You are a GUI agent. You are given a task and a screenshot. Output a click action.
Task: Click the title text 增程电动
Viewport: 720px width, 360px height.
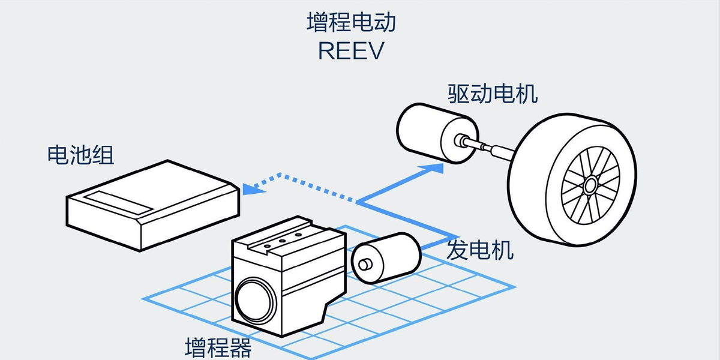pyautogui.click(x=351, y=23)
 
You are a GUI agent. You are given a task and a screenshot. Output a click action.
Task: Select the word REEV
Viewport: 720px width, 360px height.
pyautogui.click(x=351, y=51)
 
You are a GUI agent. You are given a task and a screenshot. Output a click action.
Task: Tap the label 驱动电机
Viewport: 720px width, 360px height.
pyautogui.click(x=492, y=94)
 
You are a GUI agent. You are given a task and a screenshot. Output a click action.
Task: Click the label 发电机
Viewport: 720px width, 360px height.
pyautogui.click(x=480, y=250)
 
